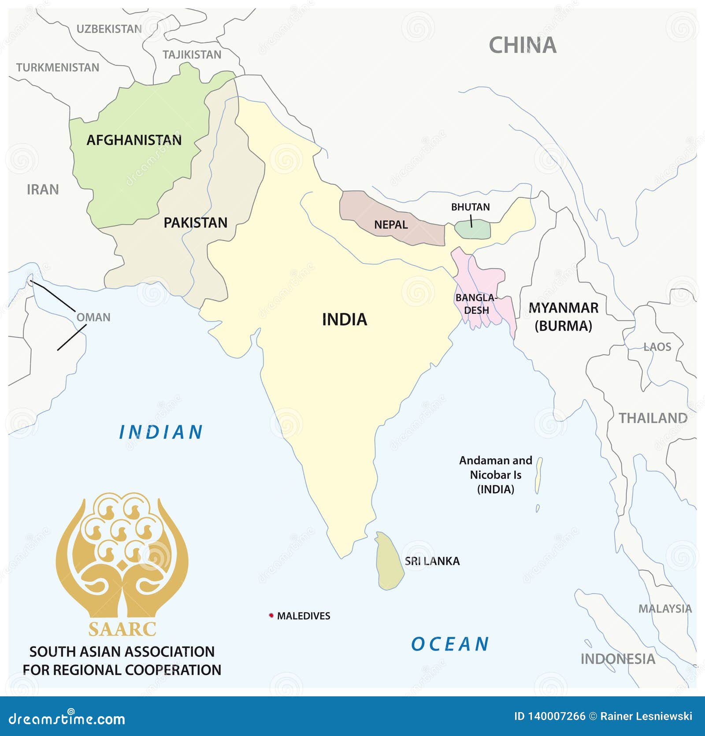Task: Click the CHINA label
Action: (523, 45)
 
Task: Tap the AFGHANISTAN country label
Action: (134, 140)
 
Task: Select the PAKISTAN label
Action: (195, 223)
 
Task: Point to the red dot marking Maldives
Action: (271, 615)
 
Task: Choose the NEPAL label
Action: (391, 225)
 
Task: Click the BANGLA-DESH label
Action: (476, 304)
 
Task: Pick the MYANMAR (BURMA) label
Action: (563, 317)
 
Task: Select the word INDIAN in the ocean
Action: (161, 432)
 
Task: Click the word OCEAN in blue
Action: (450, 644)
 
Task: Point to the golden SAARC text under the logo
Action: (122, 629)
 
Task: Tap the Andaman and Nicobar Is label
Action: (496, 475)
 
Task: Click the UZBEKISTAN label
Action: (109, 29)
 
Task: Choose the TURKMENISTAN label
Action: (58, 67)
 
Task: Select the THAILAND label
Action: (653, 418)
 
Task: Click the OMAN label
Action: (93, 317)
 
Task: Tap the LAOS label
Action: (657, 347)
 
